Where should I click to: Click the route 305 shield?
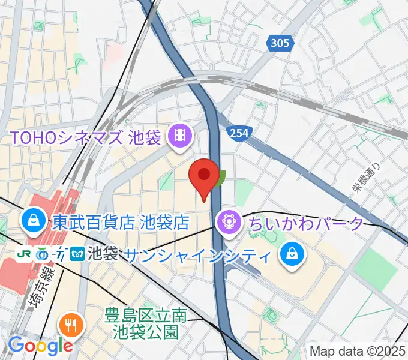(x=279, y=43)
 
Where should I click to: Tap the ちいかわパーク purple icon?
(x=229, y=223)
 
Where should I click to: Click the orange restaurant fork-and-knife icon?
(x=72, y=326)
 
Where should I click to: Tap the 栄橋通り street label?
(x=366, y=179)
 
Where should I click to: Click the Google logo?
(x=40, y=345)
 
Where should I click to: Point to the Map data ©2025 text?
(x=358, y=350)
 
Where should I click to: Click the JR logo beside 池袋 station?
(x=25, y=254)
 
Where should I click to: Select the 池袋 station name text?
(x=103, y=254)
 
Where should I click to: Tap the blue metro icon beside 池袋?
(x=77, y=254)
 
